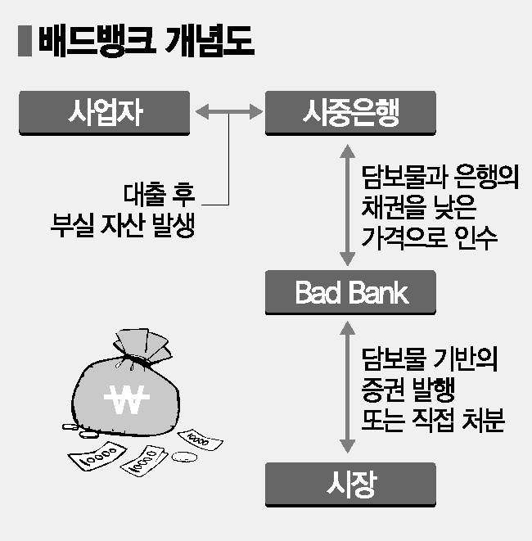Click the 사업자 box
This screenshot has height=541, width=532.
(105, 113)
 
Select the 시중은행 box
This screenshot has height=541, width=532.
(349, 113)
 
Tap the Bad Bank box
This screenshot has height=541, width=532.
(349, 292)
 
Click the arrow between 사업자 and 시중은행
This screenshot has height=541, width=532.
(227, 113)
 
